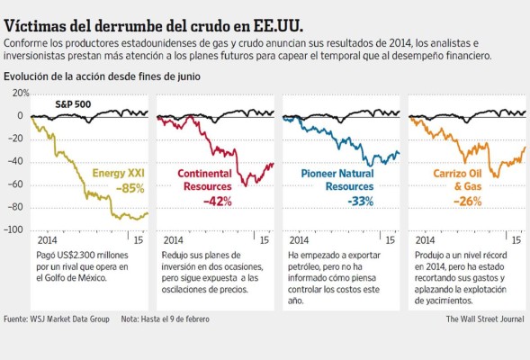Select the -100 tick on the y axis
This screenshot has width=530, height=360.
pyautogui.click(x=13, y=229)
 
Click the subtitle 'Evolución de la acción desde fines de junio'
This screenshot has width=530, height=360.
pyautogui.click(x=102, y=77)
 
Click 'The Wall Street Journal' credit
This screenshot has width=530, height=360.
pyautogui.click(x=486, y=319)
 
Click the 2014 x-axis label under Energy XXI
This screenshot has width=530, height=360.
pyautogui.click(x=48, y=241)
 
